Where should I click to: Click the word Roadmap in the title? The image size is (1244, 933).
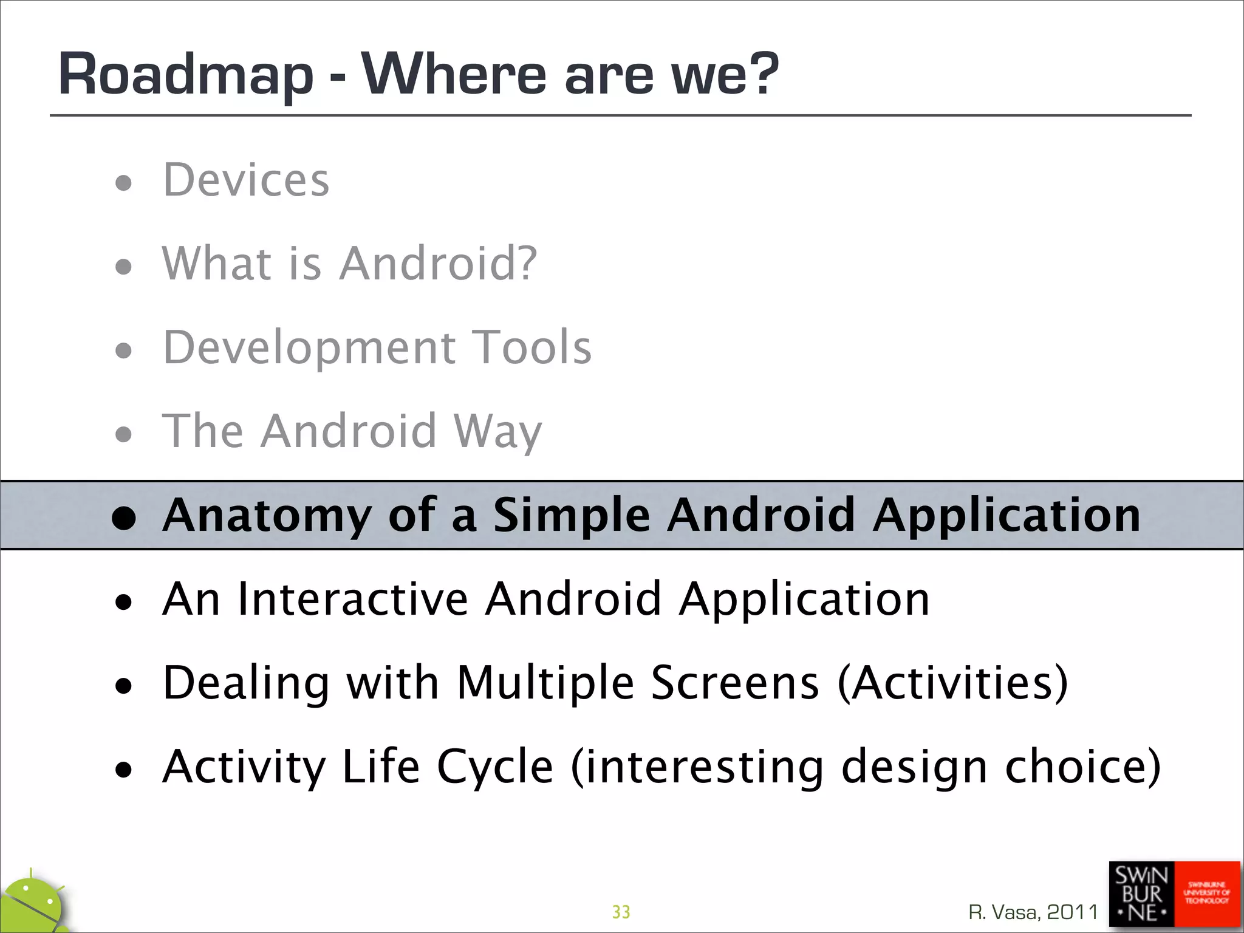[x=185, y=74]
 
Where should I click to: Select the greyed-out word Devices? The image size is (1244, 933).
[x=246, y=180]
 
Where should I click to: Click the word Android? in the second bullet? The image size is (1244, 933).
[x=438, y=264]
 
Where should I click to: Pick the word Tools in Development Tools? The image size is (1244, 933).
[x=531, y=347]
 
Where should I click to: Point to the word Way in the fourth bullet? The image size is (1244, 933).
[x=497, y=431]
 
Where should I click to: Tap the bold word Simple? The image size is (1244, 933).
[x=571, y=515]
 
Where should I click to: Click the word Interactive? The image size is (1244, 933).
[x=353, y=600]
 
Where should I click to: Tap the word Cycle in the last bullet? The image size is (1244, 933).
[x=494, y=767]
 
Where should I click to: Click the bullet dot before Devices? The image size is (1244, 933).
[x=123, y=182]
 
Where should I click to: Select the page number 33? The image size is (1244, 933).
[x=621, y=912]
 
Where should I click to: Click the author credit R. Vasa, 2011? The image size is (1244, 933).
[x=1033, y=912]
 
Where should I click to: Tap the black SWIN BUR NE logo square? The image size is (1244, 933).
[x=1141, y=894]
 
